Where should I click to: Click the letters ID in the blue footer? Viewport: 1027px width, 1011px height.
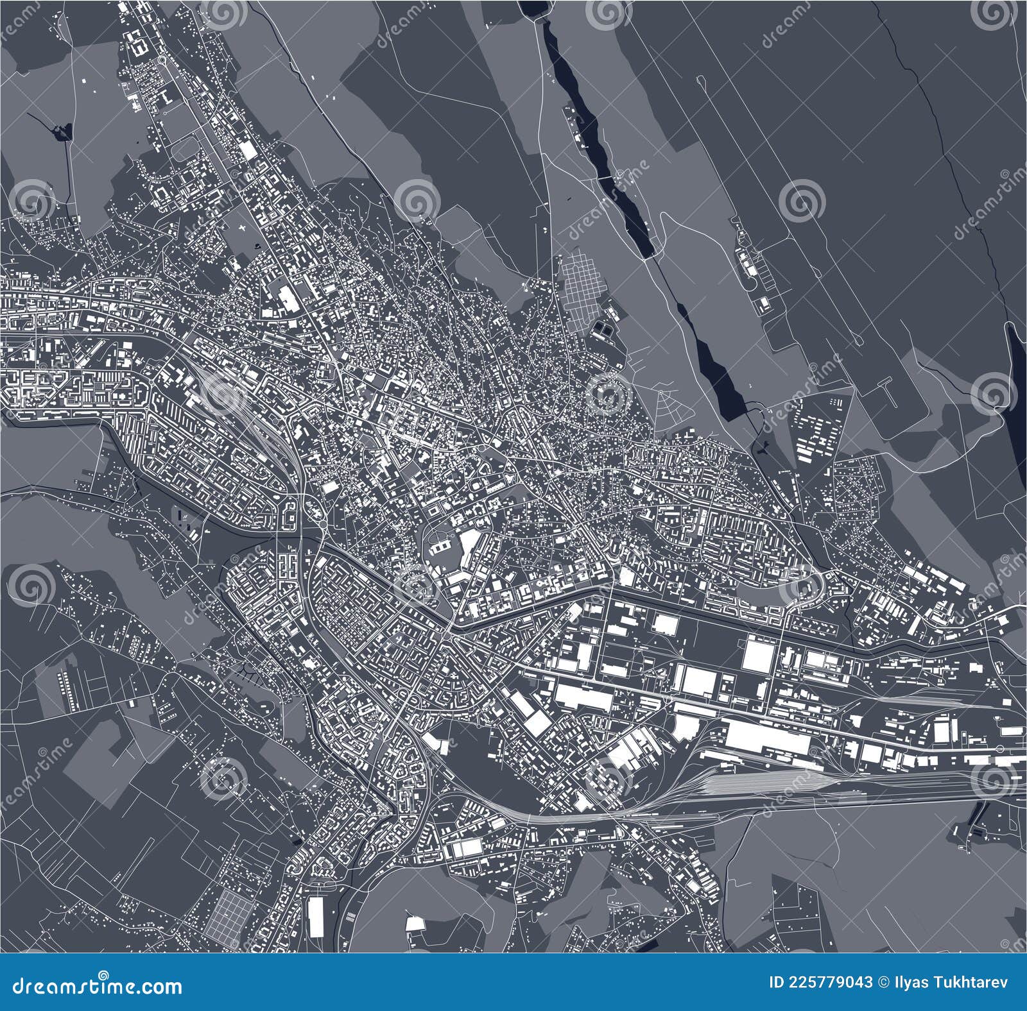(x=761, y=982)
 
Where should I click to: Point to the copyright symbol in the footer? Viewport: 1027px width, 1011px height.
(x=883, y=982)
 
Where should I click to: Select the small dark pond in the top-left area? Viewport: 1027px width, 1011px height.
(x=60, y=133)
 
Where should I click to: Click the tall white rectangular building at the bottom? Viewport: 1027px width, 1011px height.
(x=316, y=917)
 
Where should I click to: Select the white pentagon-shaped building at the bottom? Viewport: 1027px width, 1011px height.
(x=415, y=924)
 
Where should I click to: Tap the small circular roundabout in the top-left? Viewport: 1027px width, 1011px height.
(x=162, y=60)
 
